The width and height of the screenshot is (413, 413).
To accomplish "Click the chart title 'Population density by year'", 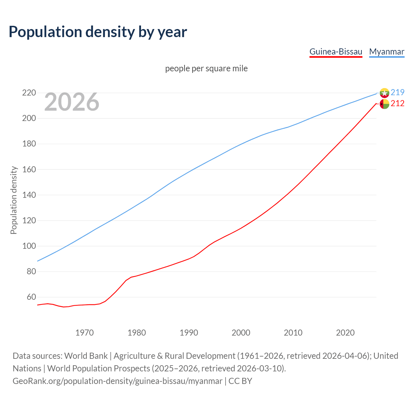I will (98, 32).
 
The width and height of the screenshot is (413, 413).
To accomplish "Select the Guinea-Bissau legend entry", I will (336, 52).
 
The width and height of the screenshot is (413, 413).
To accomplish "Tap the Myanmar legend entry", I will (387, 52).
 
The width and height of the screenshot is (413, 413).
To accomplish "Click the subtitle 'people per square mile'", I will (206, 68).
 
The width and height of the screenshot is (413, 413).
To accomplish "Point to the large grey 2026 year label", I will (72, 102).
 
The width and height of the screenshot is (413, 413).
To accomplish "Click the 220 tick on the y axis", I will (29, 93).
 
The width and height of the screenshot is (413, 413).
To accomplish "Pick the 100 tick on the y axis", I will (29, 246).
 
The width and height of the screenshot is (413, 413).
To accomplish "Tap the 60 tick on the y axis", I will (31, 297).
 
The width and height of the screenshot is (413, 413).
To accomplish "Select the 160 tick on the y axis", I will (29, 169).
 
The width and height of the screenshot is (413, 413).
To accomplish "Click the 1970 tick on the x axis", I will (85, 333).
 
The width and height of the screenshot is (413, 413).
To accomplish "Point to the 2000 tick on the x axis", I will (241, 333).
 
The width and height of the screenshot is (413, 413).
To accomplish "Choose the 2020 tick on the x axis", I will (345, 333).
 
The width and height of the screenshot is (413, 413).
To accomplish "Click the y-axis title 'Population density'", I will (14, 200).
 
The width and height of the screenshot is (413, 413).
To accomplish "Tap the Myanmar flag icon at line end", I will (384, 93).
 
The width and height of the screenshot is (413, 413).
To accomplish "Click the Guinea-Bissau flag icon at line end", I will (384, 104).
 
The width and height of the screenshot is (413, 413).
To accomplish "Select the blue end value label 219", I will (398, 92).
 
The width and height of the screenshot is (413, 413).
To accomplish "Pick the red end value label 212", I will (398, 104).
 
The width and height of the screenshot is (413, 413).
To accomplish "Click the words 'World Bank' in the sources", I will (86, 356).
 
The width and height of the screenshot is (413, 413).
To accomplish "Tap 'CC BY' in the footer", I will (240, 381).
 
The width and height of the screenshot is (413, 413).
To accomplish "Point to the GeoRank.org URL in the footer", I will (117, 381).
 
